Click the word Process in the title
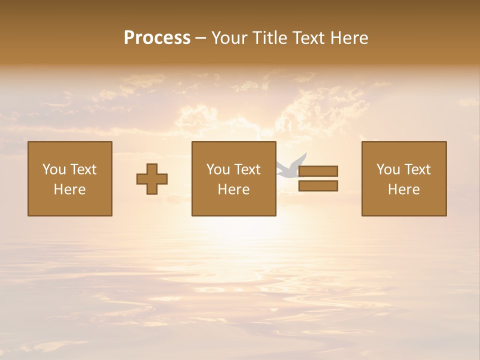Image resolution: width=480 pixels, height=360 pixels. [x=157, y=37]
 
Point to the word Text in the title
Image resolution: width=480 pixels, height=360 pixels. [x=310, y=37]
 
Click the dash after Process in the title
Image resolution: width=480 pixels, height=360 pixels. [x=200, y=38]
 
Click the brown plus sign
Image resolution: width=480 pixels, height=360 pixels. [x=152, y=179]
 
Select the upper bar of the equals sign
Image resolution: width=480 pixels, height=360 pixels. [x=318, y=171]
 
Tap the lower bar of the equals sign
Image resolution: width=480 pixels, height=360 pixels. [x=318, y=186]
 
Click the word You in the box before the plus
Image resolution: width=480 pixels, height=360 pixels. [x=54, y=169]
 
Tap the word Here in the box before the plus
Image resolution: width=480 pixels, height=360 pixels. [x=69, y=189]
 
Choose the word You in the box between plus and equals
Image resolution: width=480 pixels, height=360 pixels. [x=218, y=169]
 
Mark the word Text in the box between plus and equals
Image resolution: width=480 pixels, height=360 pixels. [x=246, y=169]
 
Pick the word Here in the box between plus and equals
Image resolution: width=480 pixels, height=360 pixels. [x=233, y=189]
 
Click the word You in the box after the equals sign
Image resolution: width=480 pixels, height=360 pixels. [x=388, y=169]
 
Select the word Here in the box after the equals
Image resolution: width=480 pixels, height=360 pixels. [x=403, y=189]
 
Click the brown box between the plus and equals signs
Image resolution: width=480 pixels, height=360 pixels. [x=233, y=205]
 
